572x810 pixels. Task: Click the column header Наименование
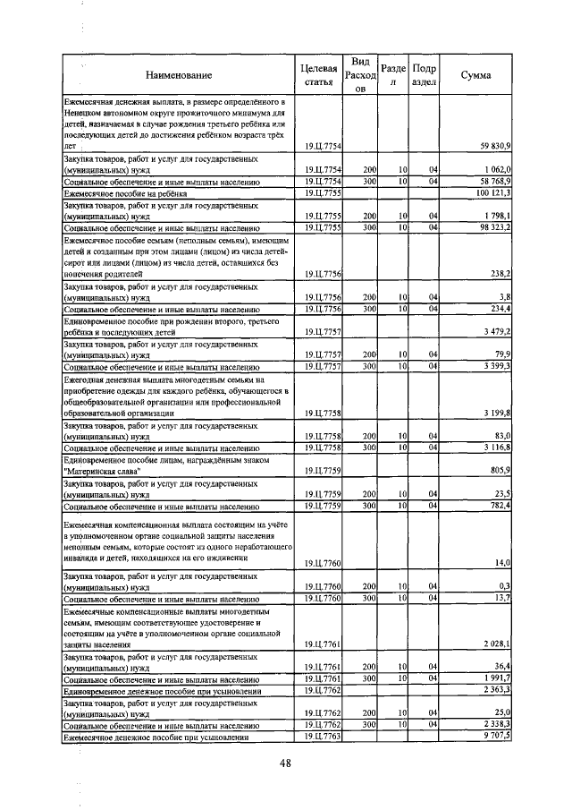(179, 75)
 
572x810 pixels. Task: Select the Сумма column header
(475, 75)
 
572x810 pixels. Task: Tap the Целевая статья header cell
(320, 75)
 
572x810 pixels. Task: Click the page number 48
(286, 763)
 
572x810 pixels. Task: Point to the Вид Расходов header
(361, 75)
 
